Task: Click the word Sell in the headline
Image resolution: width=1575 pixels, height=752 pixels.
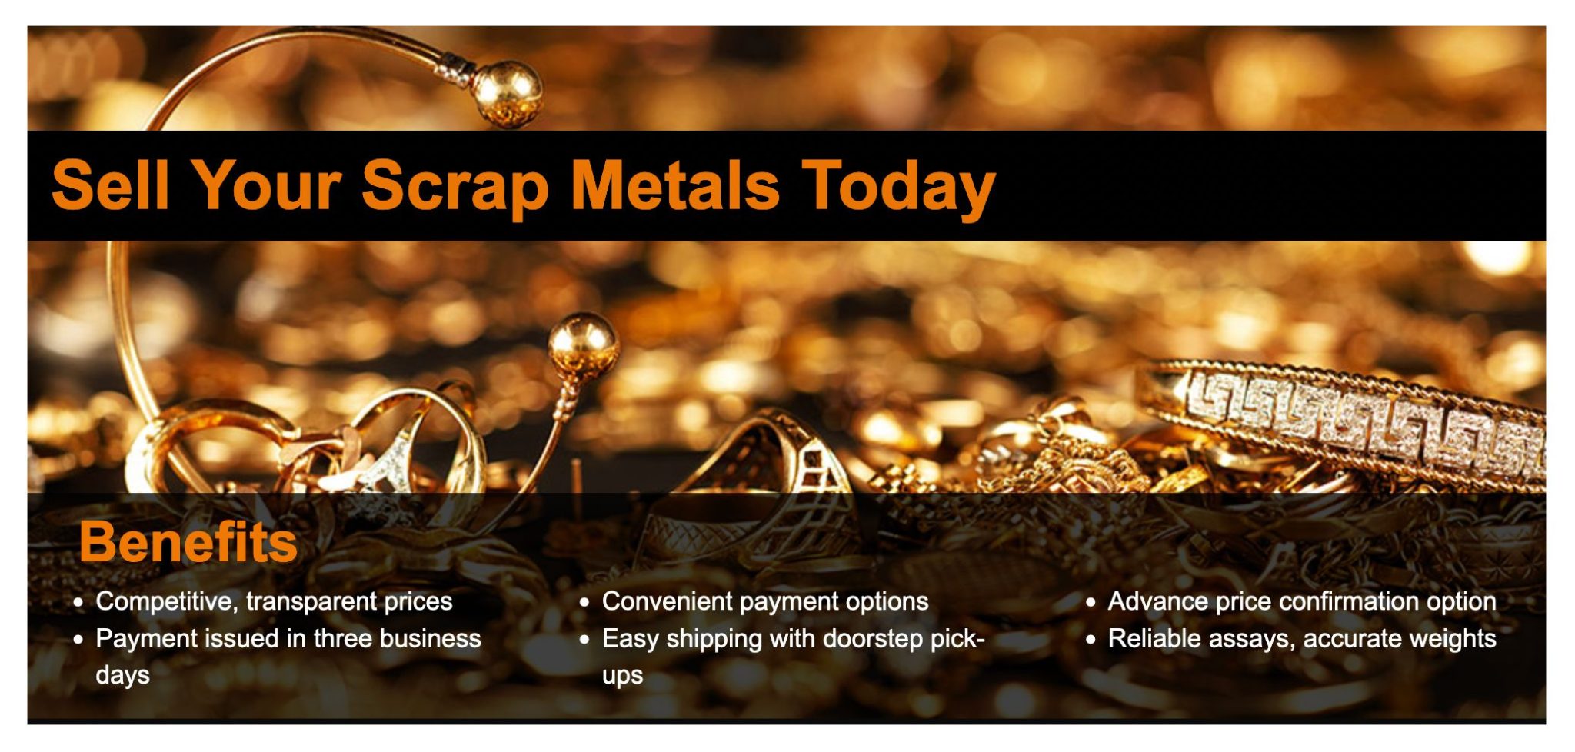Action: coord(110,185)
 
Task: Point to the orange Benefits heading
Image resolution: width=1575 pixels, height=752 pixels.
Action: coord(188,542)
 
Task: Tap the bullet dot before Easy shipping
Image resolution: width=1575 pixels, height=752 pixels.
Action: coord(584,640)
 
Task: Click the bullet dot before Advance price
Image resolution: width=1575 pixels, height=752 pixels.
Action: coord(1091,602)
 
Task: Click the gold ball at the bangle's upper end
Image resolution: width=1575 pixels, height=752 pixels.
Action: coord(506,92)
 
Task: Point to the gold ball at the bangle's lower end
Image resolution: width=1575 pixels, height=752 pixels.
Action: coord(582,344)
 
